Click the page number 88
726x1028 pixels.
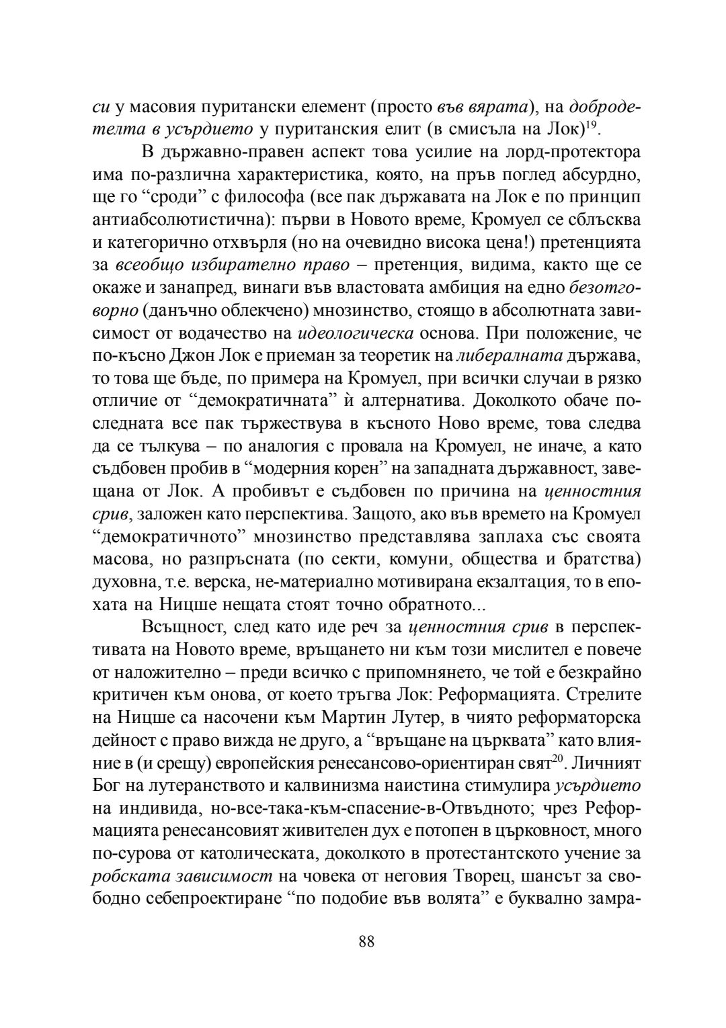(x=366, y=941)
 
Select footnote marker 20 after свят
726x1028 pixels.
(x=557, y=757)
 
